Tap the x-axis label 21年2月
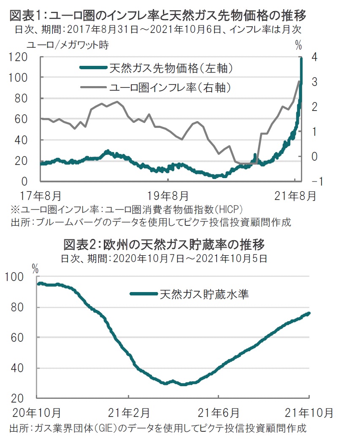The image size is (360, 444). click(128, 412)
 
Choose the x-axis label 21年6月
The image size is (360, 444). click(219, 412)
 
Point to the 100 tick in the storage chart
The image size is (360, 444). click(15, 277)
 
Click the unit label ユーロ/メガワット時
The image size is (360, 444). click(68, 45)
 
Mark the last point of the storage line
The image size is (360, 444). click(309, 313)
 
